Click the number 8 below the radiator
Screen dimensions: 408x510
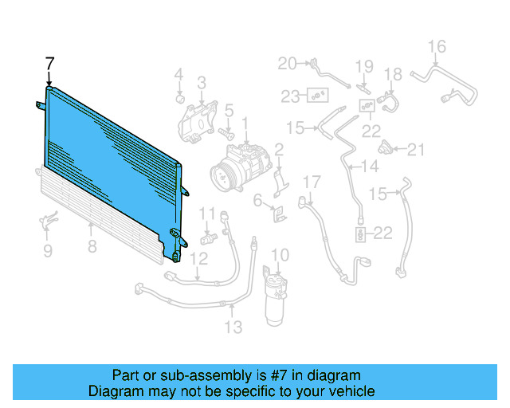pyautogui.click(x=92, y=246)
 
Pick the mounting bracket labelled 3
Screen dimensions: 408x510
pyautogui.click(x=194, y=120)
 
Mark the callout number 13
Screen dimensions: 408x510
pyautogui.click(x=233, y=326)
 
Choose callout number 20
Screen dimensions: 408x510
pyautogui.click(x=286, y=62)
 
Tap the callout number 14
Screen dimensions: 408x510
pyautogui.click(x=369, y=167)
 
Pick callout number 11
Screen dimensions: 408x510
pyautogui.click(x=206, y=213)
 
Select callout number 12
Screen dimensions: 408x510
pyautogui.click(x=199, y=257)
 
